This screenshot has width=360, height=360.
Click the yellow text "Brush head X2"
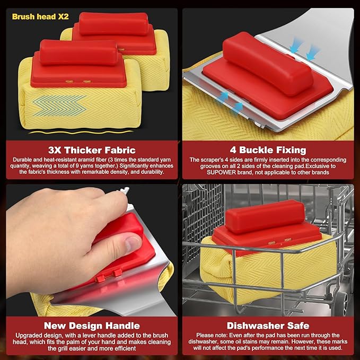tap(40, 16)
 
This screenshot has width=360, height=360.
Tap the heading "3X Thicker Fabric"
tap(92, 150)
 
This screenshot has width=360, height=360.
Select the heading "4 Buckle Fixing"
tap(268, 150)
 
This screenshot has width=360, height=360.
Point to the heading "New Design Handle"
tap(92, 326)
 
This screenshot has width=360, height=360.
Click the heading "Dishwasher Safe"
tap(268, 326)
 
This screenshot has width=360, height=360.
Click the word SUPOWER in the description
tap(221, 172)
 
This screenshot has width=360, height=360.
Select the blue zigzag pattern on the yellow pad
tap(59, 106)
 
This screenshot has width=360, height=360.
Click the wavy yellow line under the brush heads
tap(81, 132)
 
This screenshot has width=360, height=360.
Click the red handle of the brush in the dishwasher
tap(265, 216)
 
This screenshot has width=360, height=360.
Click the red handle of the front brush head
tap(78, 52)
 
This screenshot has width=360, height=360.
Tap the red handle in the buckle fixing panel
tap(267, 63)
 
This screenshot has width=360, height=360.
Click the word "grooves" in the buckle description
tap(209, 166)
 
